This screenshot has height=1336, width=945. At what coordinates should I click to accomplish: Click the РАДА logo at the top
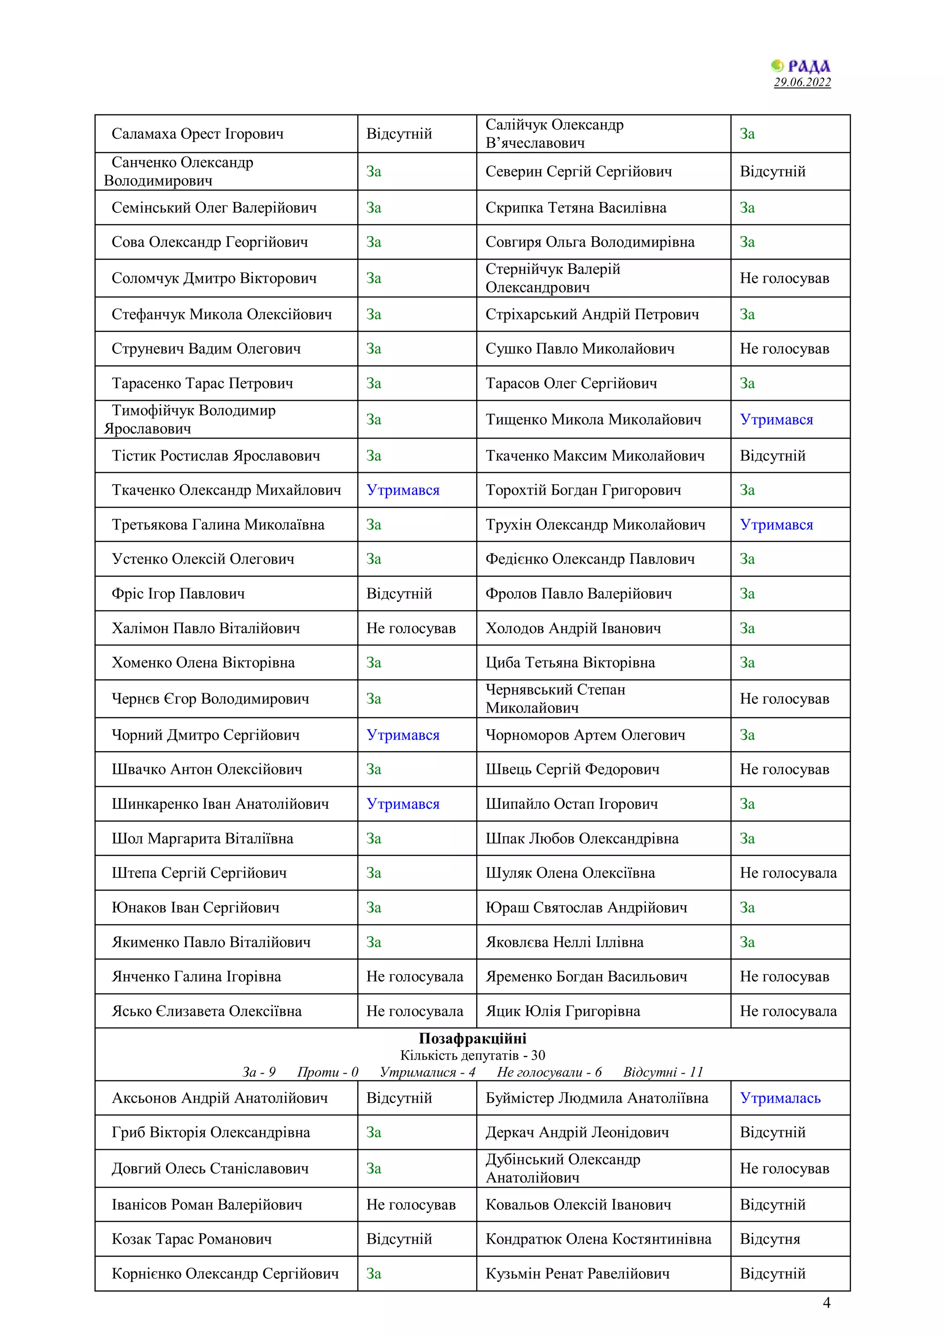(x=801, y=66)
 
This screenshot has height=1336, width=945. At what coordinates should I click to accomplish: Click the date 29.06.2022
(x=802, y=82)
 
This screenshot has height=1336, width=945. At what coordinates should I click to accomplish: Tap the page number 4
(x=826, y=1302)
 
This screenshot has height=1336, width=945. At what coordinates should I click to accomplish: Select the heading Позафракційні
(x=472, y=1038)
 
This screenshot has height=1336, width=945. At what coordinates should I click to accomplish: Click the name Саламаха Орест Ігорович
(x=197, y=134)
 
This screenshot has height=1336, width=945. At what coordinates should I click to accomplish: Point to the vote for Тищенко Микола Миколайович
(x=776, y=420)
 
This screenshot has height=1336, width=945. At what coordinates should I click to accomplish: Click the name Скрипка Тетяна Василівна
(x=576, y=208)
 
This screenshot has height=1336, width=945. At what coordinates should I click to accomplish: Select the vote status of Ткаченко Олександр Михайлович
(x=403, y=490)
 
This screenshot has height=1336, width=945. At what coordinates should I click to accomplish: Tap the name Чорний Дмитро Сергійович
(x=205, y=735)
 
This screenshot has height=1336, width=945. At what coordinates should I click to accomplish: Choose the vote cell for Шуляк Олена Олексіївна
(x=788, y=873)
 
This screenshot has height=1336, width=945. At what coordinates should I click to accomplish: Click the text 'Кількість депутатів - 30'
(x=472, y=1055)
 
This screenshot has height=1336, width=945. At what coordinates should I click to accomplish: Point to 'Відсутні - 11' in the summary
(x=663, y=1072)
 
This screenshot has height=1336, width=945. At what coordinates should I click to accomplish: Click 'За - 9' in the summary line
(x=258, y=1072)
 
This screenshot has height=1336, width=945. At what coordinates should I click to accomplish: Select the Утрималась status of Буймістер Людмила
(x=780, y=1098)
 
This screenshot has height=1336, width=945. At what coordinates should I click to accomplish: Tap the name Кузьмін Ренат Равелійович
(x=578, y=1274)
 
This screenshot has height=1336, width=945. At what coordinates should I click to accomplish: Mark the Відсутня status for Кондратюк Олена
(x=770, y=1239)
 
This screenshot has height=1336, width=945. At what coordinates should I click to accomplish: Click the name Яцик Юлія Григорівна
(x=562, y=1011)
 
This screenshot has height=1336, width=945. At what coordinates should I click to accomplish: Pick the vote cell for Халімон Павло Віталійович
(x=411, y=629)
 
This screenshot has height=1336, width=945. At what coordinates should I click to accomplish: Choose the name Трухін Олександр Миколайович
(x=595, y=525)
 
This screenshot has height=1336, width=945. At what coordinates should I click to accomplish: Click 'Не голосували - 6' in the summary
(x=549, y=1072)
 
